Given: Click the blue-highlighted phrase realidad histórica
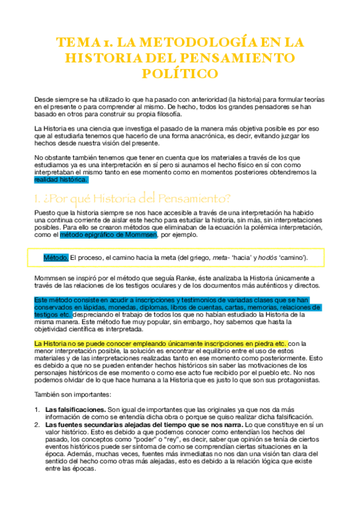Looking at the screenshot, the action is [x=61, y=179].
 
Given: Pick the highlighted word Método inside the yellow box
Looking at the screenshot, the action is [x=56, y=257].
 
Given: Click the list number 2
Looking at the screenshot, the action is [x=37, y=425].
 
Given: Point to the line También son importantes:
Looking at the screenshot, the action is [x=71, y=394].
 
